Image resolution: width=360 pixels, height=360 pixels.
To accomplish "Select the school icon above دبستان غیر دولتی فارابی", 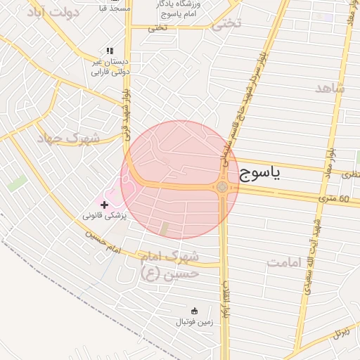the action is click(x=109, y=51).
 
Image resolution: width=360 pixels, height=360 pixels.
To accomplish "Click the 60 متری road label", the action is click(x=334, y=199).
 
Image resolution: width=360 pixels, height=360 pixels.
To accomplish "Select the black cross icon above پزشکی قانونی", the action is click(x=105, y=205).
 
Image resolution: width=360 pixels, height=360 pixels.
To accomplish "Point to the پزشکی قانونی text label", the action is click(x=105, y=216).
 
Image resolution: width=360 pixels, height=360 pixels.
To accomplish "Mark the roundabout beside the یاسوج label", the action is click(x=222, y=187).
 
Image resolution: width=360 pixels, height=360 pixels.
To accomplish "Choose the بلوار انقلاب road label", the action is click(x=227, y=299).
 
